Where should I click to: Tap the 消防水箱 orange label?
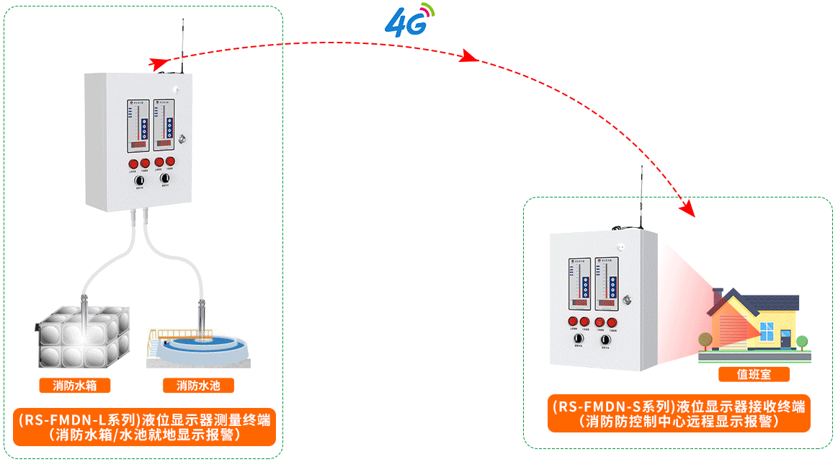point(75,386)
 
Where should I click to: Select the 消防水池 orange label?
point(198,386)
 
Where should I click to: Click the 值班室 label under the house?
point(754,374)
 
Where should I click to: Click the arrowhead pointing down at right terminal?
point(689,210)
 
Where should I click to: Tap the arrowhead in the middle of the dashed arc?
point(471,57)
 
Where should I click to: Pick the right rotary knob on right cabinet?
point(606,338)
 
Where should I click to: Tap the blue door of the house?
point(783,339)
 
